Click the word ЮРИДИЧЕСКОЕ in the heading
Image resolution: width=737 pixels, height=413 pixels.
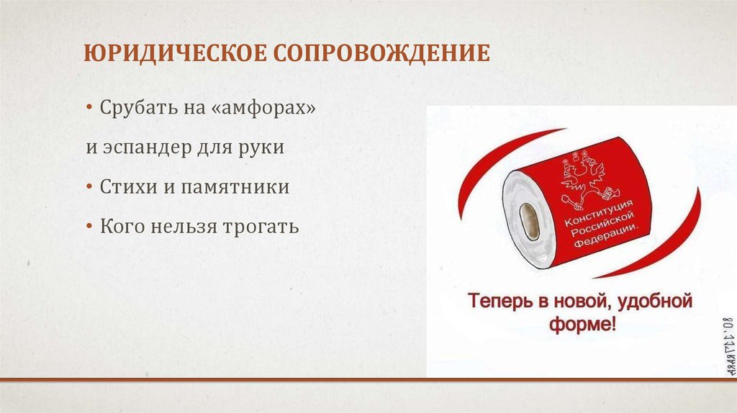(x=171, y=54)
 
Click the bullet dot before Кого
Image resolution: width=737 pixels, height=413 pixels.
(x=90, y=227)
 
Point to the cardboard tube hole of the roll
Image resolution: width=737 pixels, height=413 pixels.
(x=529, y=220)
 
